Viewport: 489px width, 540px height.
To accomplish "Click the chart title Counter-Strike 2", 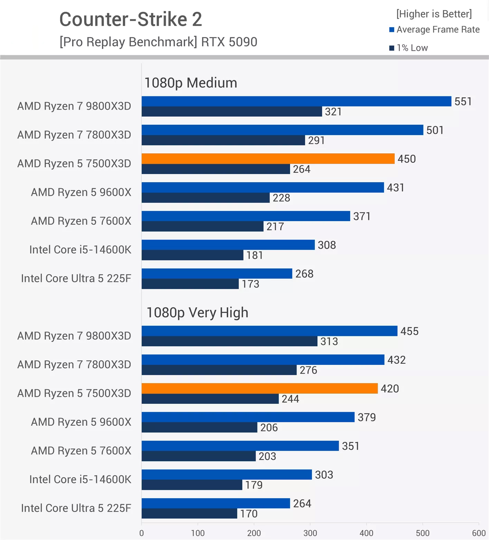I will click(x=131, y=19).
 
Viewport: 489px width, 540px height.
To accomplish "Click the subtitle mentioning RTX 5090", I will click(x=158, y=42).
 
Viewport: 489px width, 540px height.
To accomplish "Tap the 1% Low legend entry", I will click(x=408, y=48).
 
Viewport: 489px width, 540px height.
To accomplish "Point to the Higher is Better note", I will click(x=434, y=14).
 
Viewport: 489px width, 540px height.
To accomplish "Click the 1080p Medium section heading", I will click(x=190, y=83).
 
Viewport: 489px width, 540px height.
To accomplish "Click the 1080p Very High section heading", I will click(x=197, y=313).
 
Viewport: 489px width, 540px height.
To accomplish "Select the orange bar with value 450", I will click(x=268, y=159).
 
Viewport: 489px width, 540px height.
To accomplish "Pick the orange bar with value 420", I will click(x=260, y=388).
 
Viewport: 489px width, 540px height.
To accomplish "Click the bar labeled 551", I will click(x=296, y=101).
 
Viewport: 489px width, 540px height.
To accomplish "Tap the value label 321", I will click(x=333, y=112).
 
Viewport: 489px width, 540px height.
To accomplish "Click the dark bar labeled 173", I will click(x=190, y=284).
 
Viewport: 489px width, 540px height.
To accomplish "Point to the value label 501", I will click(x=435, y=130).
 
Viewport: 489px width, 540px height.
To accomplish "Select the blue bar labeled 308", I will click(x=228, y=245).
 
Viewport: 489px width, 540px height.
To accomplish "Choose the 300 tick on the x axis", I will click(x=310, y=533).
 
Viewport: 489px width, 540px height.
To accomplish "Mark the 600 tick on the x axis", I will click(x=479, y=533).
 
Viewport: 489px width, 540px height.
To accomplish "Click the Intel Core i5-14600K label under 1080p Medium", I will click(x=80, y=249).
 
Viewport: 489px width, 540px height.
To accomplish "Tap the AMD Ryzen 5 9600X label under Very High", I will click(x=81, y=422).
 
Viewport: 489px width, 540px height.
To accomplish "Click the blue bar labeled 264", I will click(x=216, y=503).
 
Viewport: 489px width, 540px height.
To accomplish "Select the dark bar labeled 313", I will click(x=229, y=341).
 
